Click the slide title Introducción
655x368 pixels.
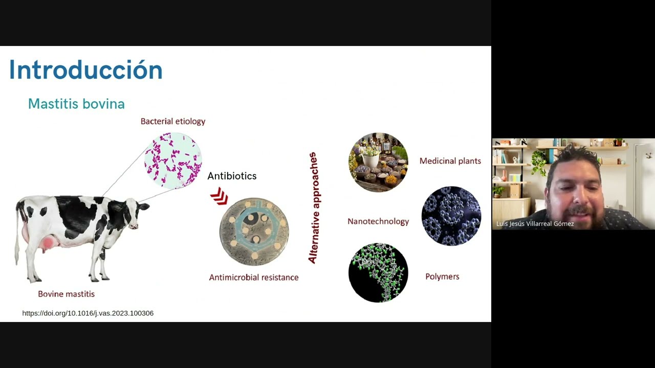coord(85,70)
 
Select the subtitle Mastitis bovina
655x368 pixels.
coord(76,104)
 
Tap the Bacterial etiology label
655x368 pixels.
coord(173,121)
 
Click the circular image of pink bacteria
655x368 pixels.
coord(173,160)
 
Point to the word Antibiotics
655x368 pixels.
coord(232,176)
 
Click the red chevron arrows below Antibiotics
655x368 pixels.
coord(219,196)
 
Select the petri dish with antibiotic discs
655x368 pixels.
coord(254,232)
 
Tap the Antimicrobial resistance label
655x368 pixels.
coord(254,277)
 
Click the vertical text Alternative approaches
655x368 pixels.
coord(313,208)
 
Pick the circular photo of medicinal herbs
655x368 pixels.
coord(378,162)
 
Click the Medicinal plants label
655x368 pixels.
coord(450,161)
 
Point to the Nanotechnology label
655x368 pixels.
coord(378,221)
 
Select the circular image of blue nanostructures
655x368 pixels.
coord(451,216)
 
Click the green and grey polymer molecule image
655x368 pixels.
coord(378,272)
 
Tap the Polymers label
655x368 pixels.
coord(442,277)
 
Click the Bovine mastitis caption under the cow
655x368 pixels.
coord(66,294)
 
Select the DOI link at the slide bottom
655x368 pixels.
coord(88,313)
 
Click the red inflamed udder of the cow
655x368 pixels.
coord(48,243)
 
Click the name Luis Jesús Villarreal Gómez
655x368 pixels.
coord(535,224)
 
